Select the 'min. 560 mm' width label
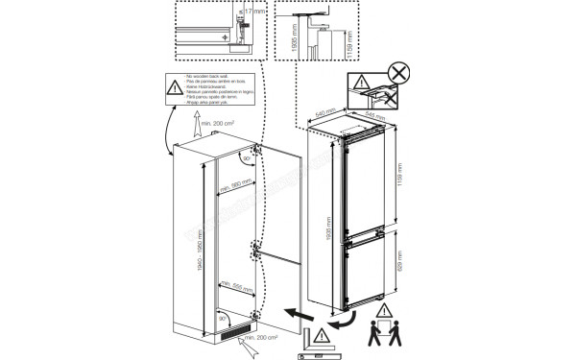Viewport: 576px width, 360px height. pyautogui.click(x=234, y=184)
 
